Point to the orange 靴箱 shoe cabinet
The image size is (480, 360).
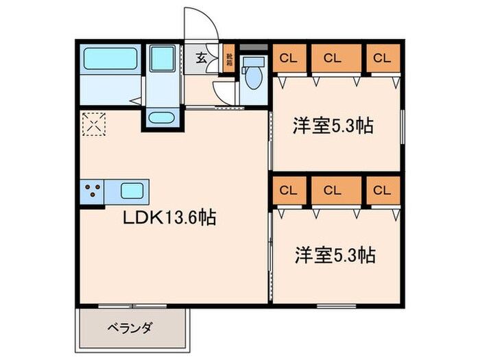point(230,59)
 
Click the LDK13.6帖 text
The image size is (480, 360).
point(170,218)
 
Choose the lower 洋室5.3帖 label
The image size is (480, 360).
point(334,255)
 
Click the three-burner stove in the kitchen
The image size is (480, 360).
point(94,191)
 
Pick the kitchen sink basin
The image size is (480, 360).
point(130,190)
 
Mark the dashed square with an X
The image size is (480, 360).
point(93,125)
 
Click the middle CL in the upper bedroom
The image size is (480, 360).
point(332,58)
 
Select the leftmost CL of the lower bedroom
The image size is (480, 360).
point(288,190)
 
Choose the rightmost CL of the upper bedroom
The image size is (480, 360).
point(381,58)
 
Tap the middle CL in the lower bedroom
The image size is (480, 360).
point(332,190)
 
